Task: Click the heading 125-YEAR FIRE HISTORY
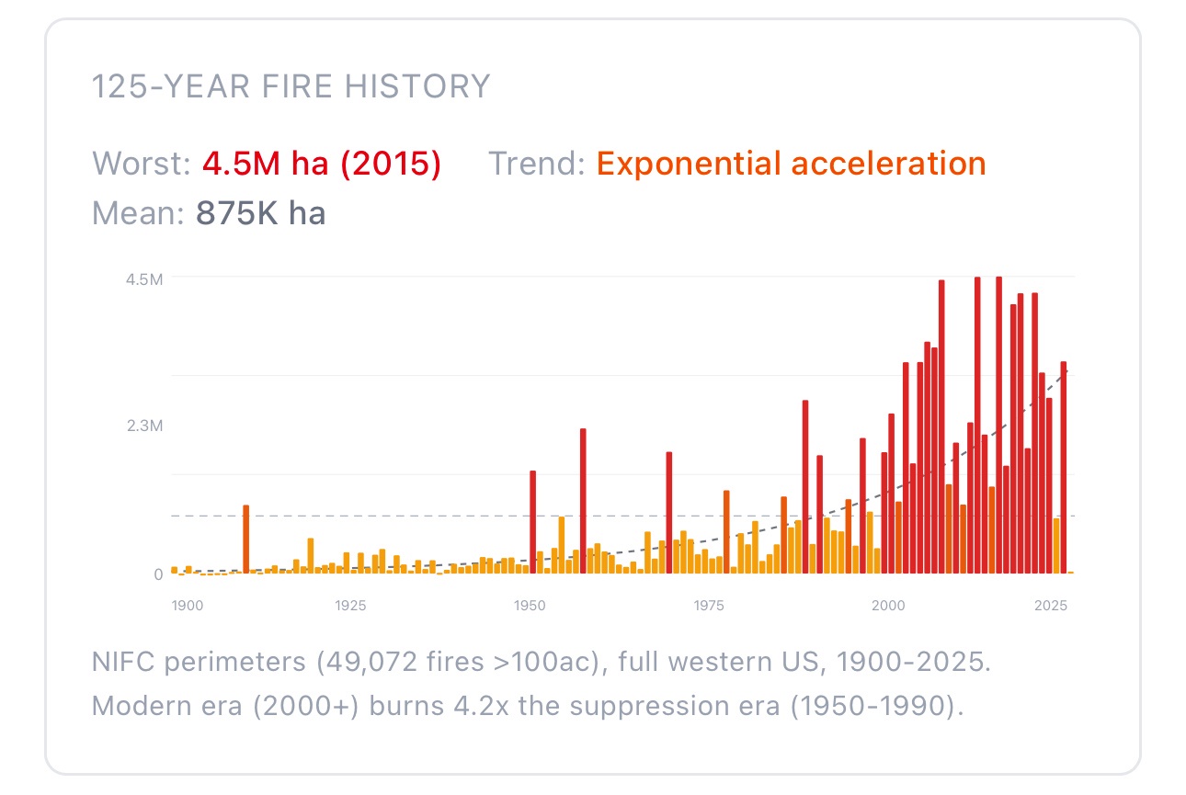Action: [291, 86]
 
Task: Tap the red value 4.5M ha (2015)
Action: [322, 164]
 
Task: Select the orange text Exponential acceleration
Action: [791, 164]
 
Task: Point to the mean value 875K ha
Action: [260, 213]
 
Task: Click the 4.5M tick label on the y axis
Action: [144, 278]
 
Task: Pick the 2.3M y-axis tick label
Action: [144, 426]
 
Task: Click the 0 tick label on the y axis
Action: [157, 574]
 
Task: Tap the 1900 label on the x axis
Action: [187, 606]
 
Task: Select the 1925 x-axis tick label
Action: [351, 606]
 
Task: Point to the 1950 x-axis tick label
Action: [529, 606]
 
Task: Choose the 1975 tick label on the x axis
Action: [708, 606]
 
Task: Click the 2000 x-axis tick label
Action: [887, 606]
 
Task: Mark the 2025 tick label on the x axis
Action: [1050, 606]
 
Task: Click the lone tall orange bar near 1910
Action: [246, 539]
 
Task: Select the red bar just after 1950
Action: [532, 521]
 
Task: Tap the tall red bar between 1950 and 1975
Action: [583, 500]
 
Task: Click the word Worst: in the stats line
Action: [142, 164]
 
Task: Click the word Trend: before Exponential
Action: [536, 164]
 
